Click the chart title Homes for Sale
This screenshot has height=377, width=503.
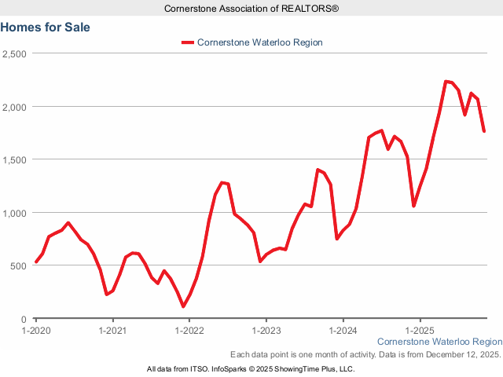click(x=46, y=27)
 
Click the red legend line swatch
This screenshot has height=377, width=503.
click(x=187, y=42)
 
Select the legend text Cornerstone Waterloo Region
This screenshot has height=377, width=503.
click(x=260, y=42)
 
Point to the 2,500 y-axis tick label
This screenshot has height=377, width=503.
click(x=15, y=53)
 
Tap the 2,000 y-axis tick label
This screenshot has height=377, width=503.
click(x=15, y=107)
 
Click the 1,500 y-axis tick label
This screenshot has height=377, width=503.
click(x=15, y=159)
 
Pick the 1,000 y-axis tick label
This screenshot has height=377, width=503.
click(x=15, y=213)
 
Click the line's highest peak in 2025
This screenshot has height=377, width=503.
click(x=446, y=81)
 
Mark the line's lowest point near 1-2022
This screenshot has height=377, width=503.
click(x=183, y=306)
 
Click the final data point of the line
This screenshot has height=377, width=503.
click(x=484, y=131)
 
